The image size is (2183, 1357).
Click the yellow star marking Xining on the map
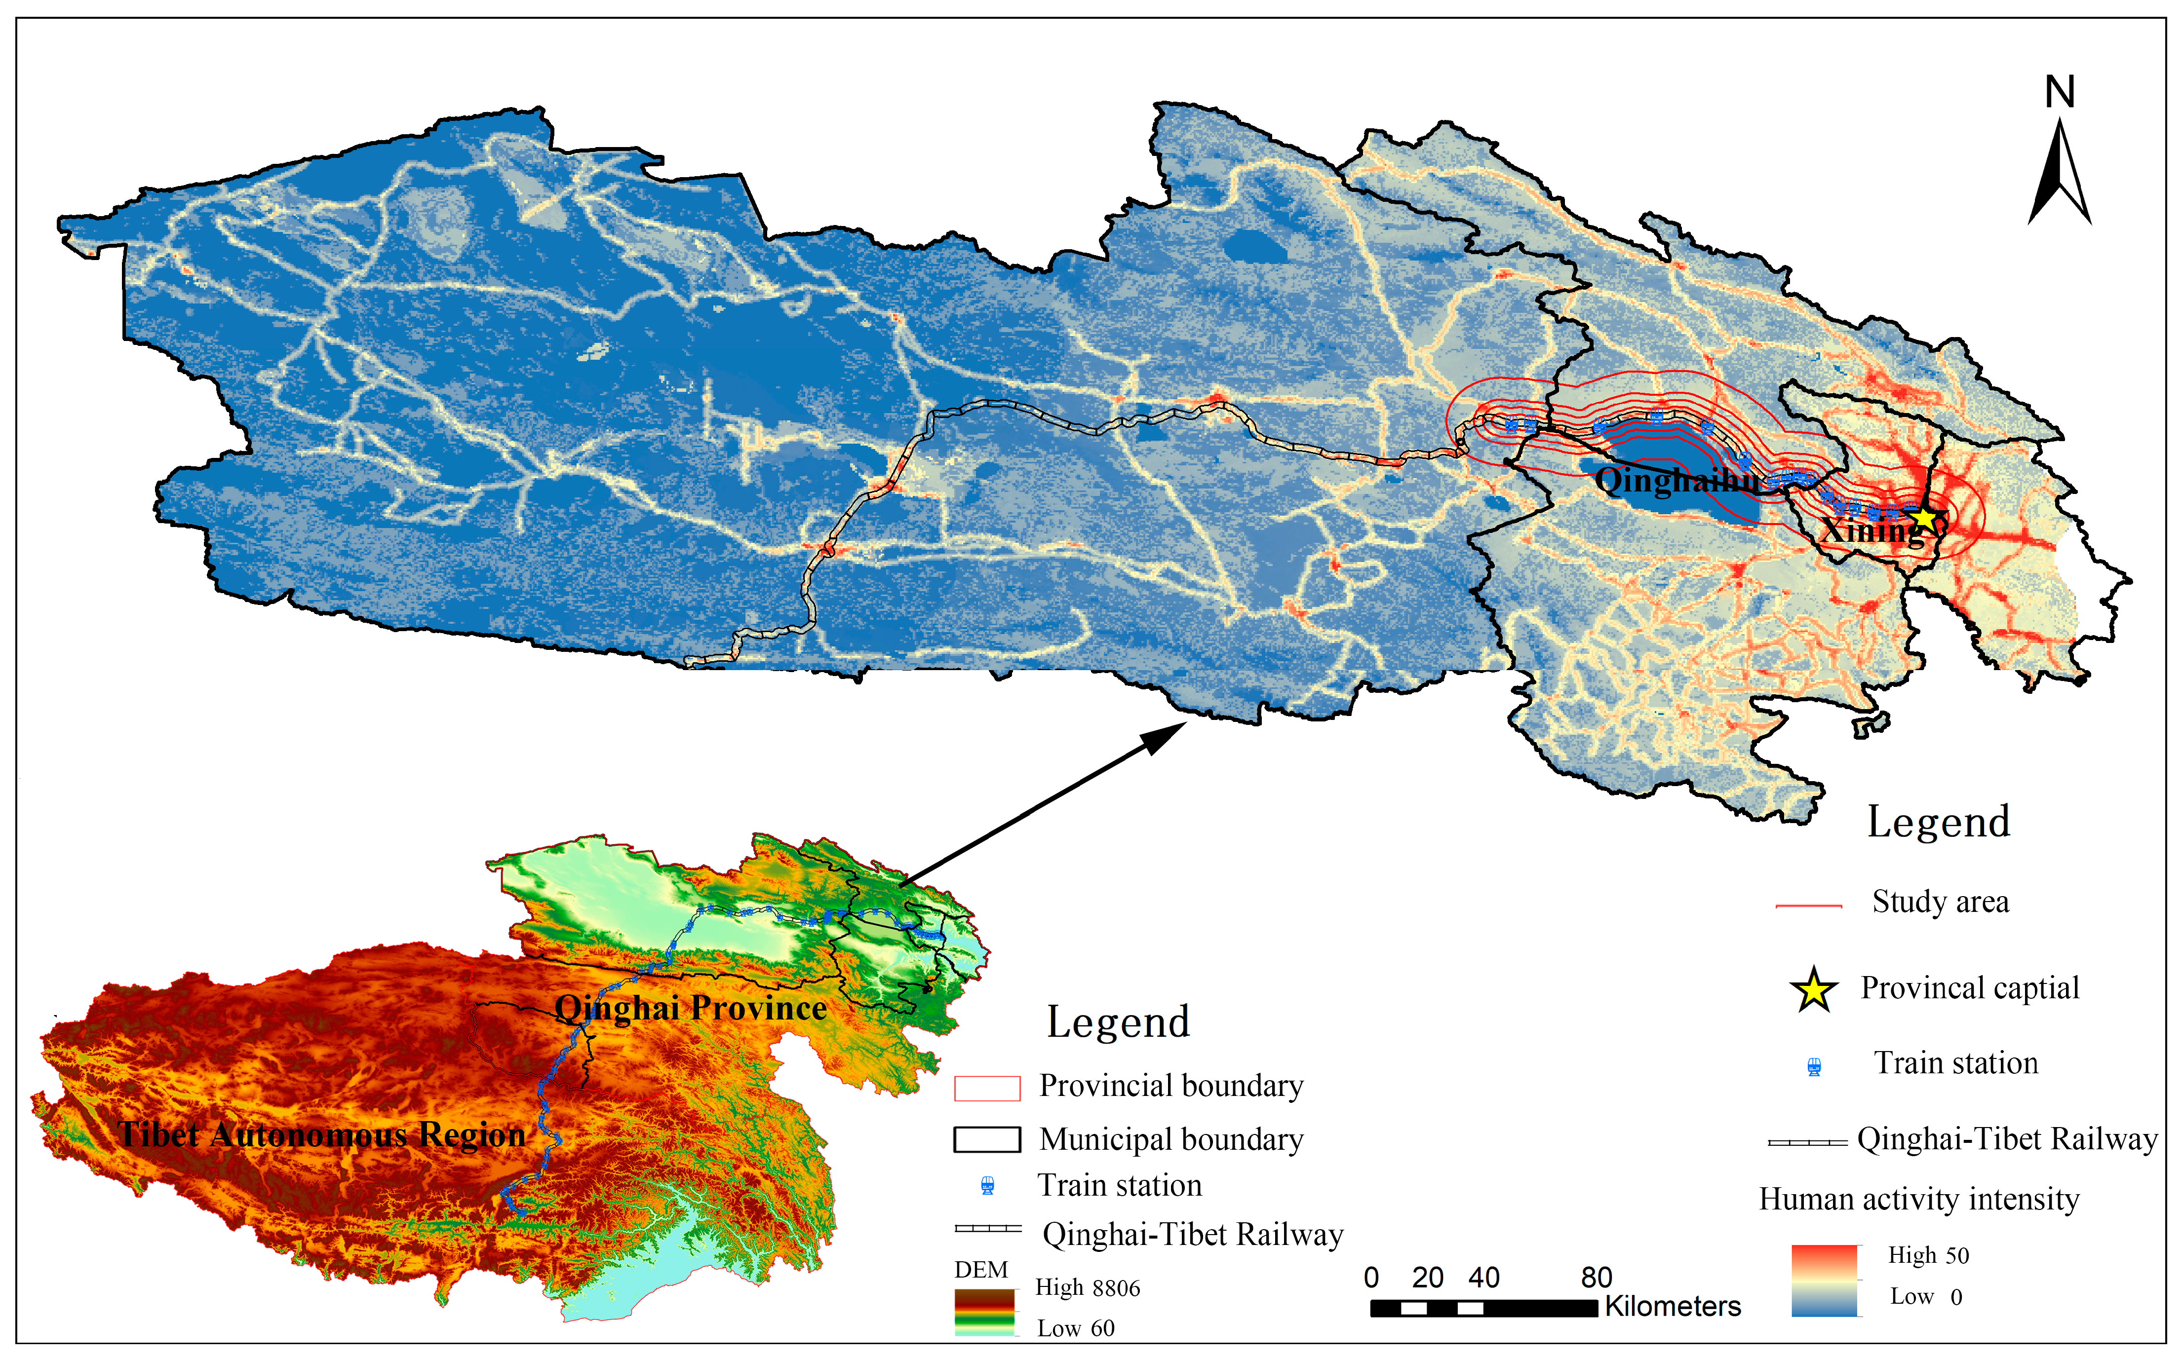(1924, 518)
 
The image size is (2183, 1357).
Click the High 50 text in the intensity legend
(1928, 1255)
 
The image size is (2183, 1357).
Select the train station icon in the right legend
(1813, 1066)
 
